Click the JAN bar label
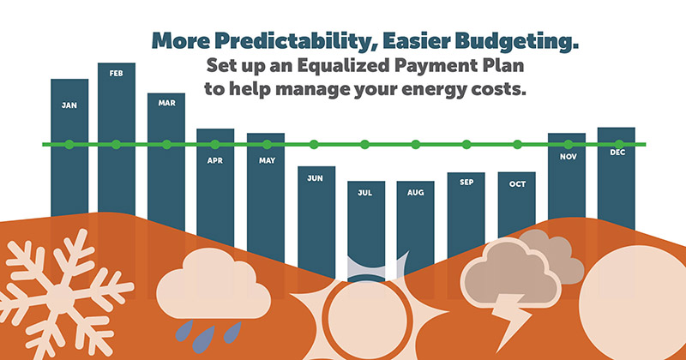69,105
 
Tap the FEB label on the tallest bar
117,74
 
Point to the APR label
215,159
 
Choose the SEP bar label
466,182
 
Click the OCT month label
516,183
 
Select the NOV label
567,157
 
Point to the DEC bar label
617,153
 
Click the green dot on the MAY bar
266,144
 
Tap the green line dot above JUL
365,144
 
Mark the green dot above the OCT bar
517,144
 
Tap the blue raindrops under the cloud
193,333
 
